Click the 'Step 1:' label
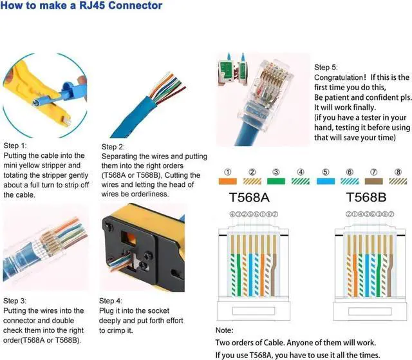[x=15, y=146]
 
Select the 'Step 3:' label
[x=15, y=300]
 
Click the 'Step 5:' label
[x=326, y=68]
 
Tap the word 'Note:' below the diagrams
[x=225, y=330]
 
